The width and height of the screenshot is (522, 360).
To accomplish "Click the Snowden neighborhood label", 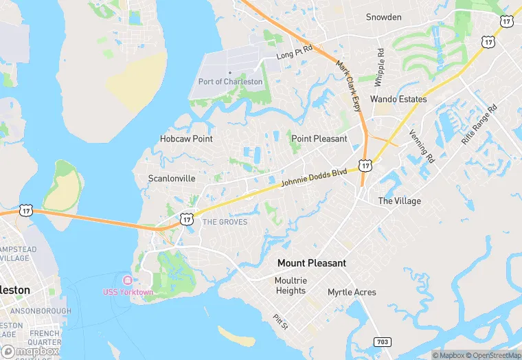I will pyautogui.click(x=383, y=17).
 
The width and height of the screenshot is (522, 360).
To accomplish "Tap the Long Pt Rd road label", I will pyautogui.click(x=295, y=52).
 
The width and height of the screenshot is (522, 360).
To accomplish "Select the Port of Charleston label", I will pyautogui.click(x=231, y=82).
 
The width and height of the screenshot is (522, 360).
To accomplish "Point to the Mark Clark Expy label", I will pyautogui.click(x=348, y=86).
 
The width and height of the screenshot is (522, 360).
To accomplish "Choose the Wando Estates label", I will pyautogui.click(x=398, y=99).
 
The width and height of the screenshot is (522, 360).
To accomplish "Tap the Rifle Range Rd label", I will pyautogui.click(x=479, y=124).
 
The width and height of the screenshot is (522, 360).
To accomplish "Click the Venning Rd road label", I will pyautogui.click(x=422, y=146).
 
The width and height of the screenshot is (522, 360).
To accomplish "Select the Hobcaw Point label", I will pyautogui.click(x=186, y=139).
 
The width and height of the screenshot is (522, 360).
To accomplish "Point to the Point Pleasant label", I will pyautogui.click(x=319, y=139).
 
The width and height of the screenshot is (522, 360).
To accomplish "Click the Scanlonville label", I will pyautogui.click(x=172, y=179).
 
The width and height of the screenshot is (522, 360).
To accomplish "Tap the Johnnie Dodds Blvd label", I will pyautogui.click(x=314, y=179).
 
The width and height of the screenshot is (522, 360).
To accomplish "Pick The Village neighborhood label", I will pyautogui.click(x=400, y=201).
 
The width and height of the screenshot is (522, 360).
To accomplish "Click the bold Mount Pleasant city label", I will pyautogui.click(x=312, y=263).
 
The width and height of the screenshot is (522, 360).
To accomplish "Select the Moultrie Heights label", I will pyautogui.click(x=291, y=286).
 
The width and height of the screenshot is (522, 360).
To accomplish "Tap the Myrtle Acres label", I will pyautogui.click(x=352, y=293).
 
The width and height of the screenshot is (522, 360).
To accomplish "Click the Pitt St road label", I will pyautogui.click(x=279, y=322).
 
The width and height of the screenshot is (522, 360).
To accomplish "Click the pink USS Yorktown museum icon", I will pyautogui.click(x=127, y=280).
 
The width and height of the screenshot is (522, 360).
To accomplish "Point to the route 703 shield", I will pyautogui.click(x=383, y=341).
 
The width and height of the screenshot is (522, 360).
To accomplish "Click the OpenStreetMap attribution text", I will pyautogui.click(x=492, y=355).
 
